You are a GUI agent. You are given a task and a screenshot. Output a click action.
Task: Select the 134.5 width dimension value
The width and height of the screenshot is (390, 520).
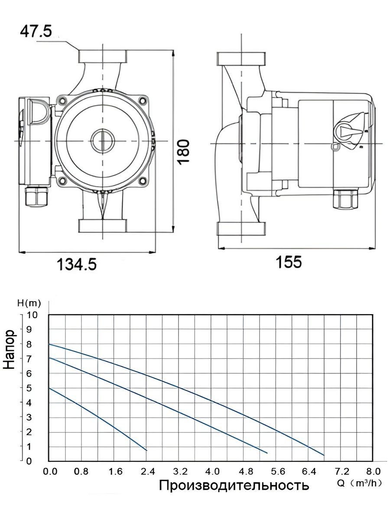coord(77,264)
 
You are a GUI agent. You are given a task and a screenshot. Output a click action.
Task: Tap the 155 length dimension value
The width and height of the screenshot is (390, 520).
coord(289,262)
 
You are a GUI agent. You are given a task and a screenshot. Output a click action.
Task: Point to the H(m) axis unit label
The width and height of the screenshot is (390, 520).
coord(29,303)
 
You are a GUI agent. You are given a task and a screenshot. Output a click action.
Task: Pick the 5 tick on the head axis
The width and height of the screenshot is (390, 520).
coord(29,388)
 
